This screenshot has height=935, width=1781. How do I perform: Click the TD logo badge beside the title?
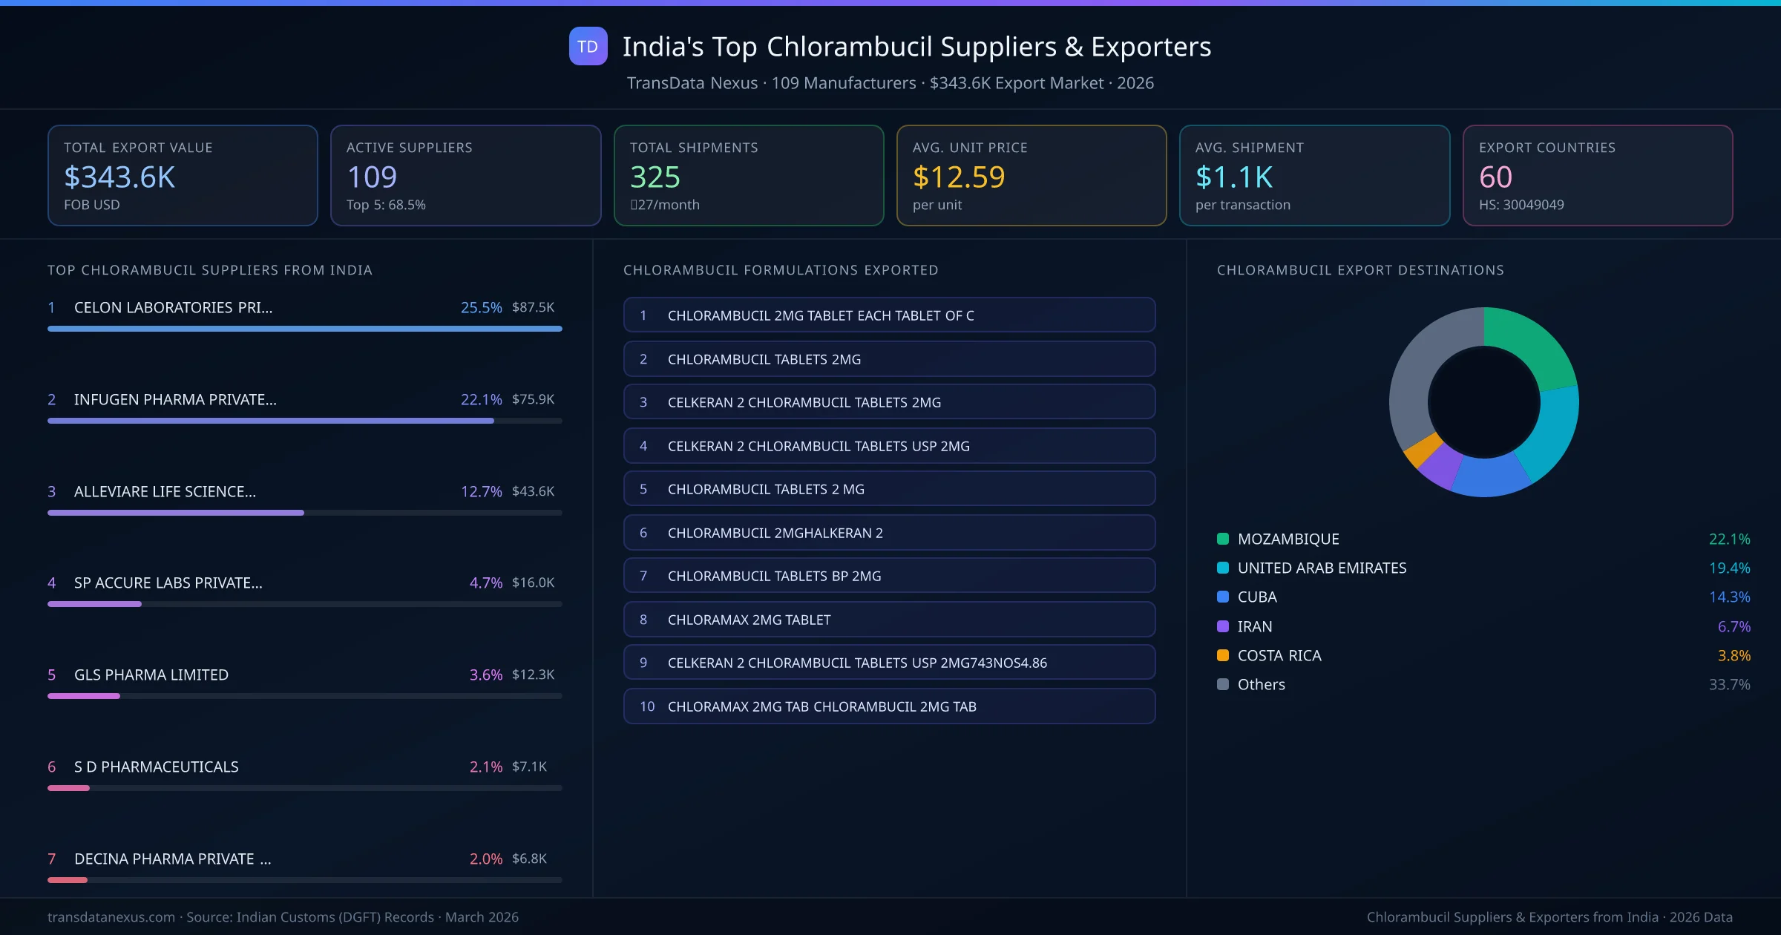point(588,47)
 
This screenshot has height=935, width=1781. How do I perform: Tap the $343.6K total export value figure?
point(119,177)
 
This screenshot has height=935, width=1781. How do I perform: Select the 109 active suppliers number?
point(372,177)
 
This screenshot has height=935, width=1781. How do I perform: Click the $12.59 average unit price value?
point(958,177)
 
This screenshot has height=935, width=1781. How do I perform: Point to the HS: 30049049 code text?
point(1521,205)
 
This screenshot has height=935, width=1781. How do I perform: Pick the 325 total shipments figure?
point(655,177)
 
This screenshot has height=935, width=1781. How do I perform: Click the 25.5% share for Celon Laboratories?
point(481,307)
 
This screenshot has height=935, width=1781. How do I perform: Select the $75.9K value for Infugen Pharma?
point(533,399)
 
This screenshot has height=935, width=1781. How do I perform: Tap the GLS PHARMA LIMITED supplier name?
point(151,675)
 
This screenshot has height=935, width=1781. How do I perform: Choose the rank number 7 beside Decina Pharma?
point(52,859)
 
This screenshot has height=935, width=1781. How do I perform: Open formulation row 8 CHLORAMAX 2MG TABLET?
point(889,620)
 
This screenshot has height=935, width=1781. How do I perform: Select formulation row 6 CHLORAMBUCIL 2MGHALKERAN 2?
point(889,533)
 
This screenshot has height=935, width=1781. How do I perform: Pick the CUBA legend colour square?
point(1223,597)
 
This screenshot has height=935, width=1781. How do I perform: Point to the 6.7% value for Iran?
point(1734,626)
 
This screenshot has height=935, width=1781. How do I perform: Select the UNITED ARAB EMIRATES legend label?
point(1322,568)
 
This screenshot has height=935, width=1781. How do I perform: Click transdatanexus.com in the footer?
point(111,917)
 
